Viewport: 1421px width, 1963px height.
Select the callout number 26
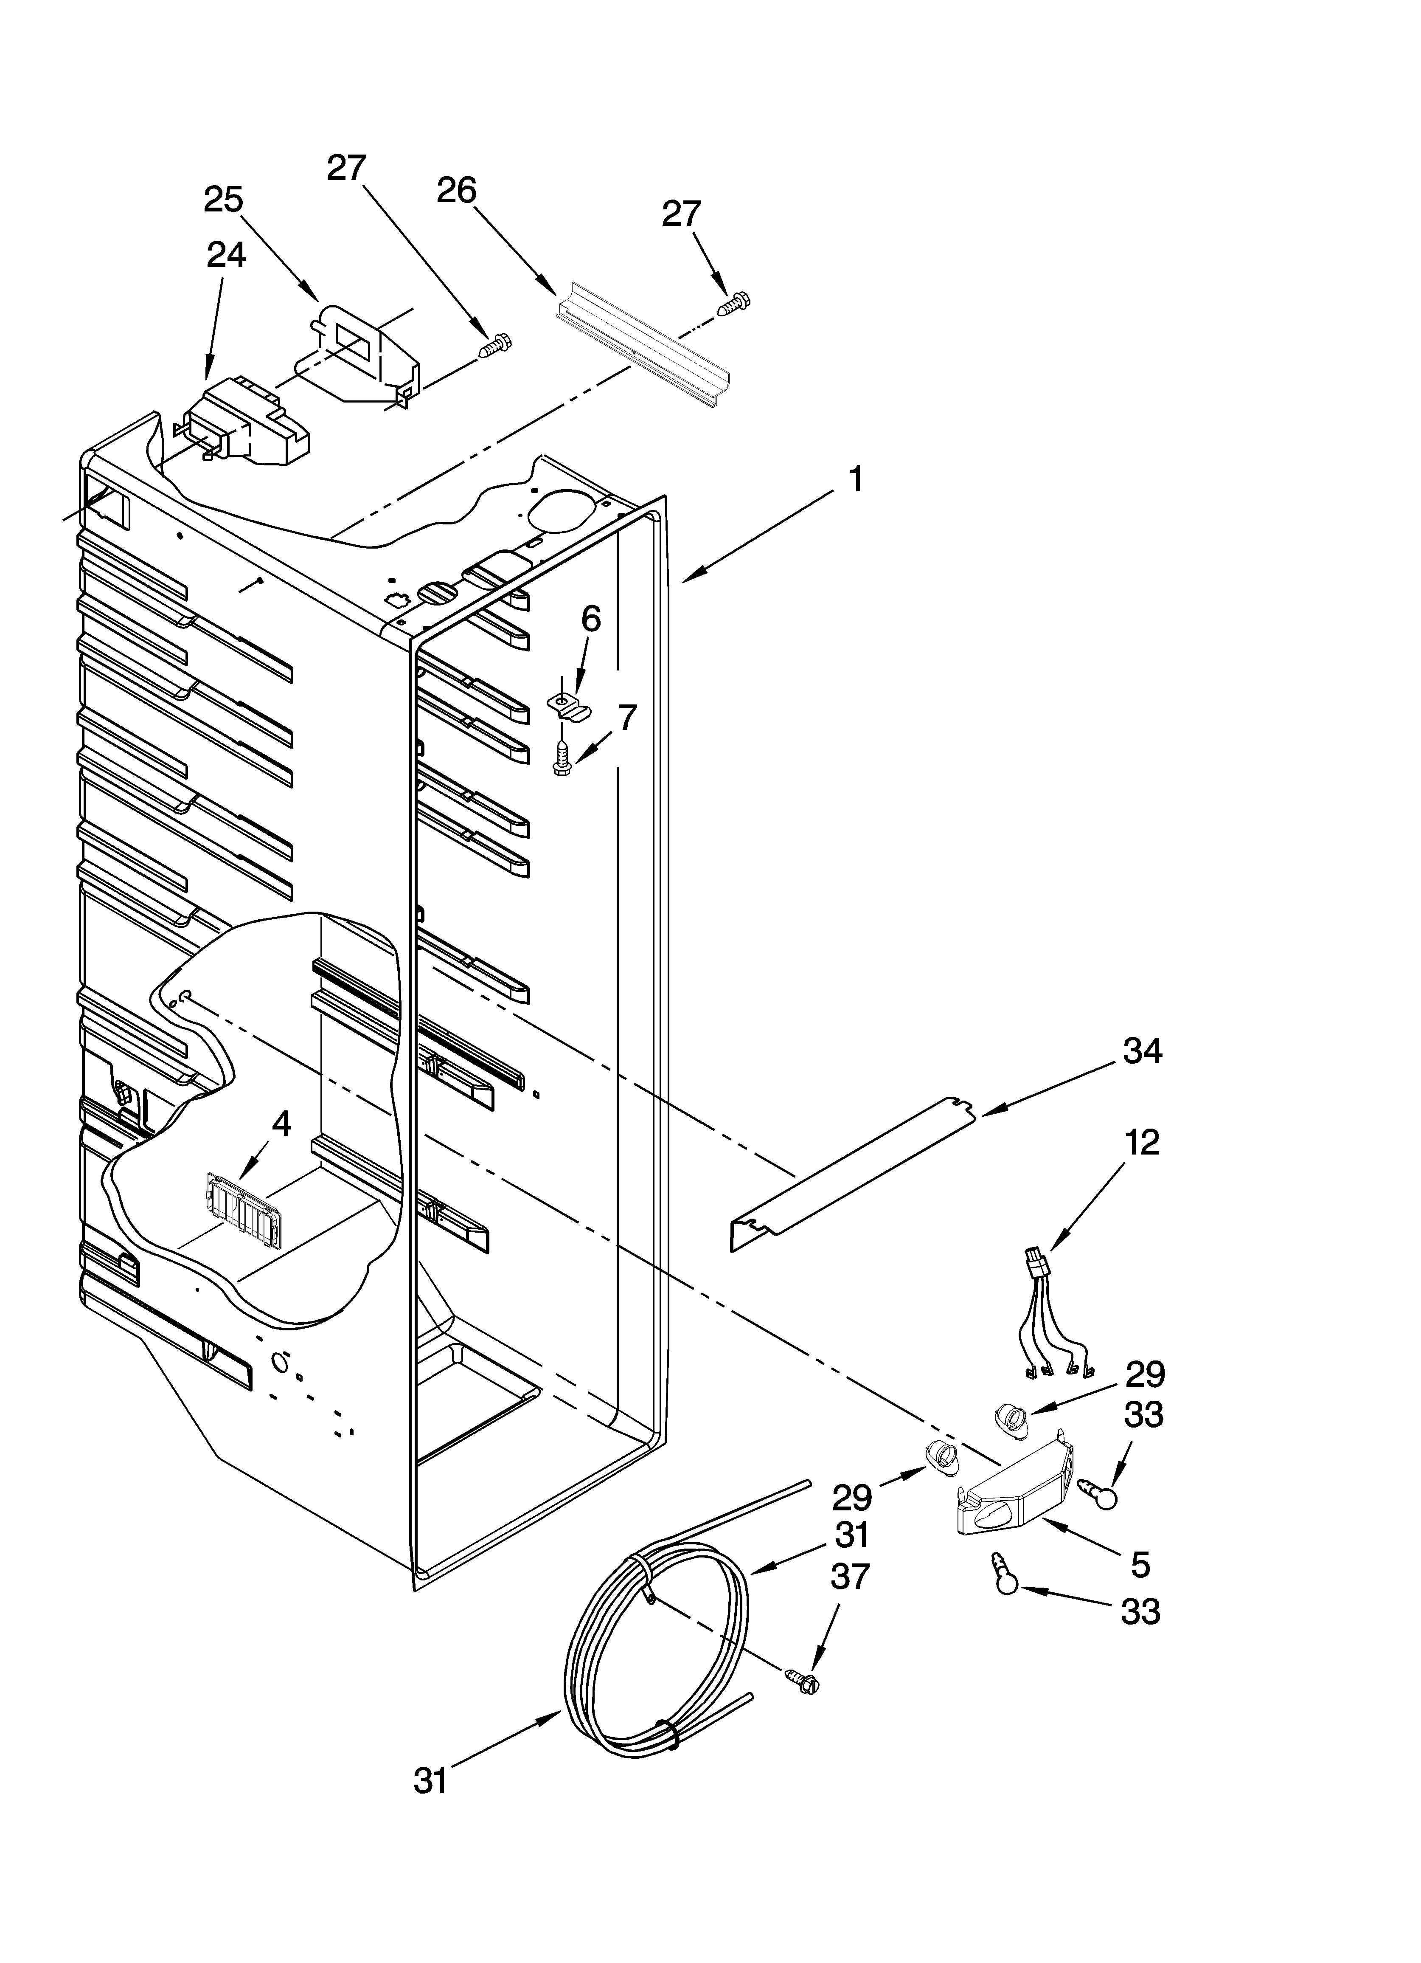pyautogui.click(x=456, y=189)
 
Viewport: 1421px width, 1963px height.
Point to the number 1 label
pyautogui.click(x=855, y=479)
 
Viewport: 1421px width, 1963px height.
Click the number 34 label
pyautogui.click(x=1142, y=1052)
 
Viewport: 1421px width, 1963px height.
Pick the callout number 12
pyautogui.click(x=1142, y=1143)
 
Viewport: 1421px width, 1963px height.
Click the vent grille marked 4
pyautogui.click(x=245, y=1209)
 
